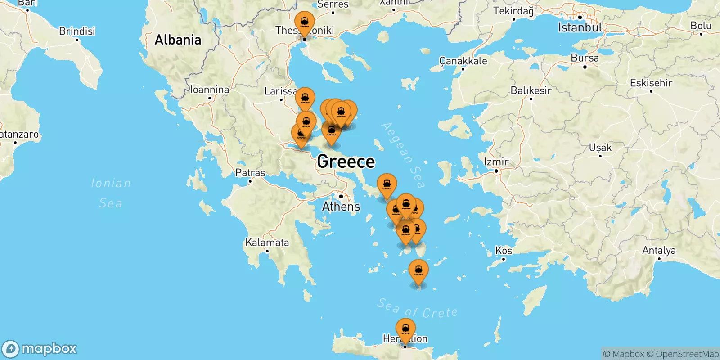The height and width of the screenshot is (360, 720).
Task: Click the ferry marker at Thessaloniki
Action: click(305, 22)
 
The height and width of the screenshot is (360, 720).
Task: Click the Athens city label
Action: click(341, 207)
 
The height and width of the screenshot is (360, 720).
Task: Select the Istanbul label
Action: click(580, 27)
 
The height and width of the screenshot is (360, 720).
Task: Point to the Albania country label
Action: click(178, 40)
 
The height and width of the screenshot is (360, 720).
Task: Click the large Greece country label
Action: click(346, 162)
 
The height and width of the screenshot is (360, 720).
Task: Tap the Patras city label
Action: click(250, 173)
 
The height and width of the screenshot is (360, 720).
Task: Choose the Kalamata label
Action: click(267, 243)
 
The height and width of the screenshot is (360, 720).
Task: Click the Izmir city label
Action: click(496, 162)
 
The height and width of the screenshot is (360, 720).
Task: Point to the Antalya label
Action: click(659, 250)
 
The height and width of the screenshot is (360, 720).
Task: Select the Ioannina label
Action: click(210, 90)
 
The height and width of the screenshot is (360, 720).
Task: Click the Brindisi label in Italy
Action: click(77, 31)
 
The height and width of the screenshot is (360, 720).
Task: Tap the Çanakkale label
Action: click(463, 61)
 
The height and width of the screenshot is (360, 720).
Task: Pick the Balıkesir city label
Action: click(531, 90)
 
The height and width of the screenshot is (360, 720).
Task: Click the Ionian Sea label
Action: click(111, 193)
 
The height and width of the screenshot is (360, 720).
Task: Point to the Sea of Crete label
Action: click(418, 309)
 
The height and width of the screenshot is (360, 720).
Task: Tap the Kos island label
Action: click(504, 250)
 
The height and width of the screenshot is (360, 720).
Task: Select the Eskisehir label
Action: click(651, 83)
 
